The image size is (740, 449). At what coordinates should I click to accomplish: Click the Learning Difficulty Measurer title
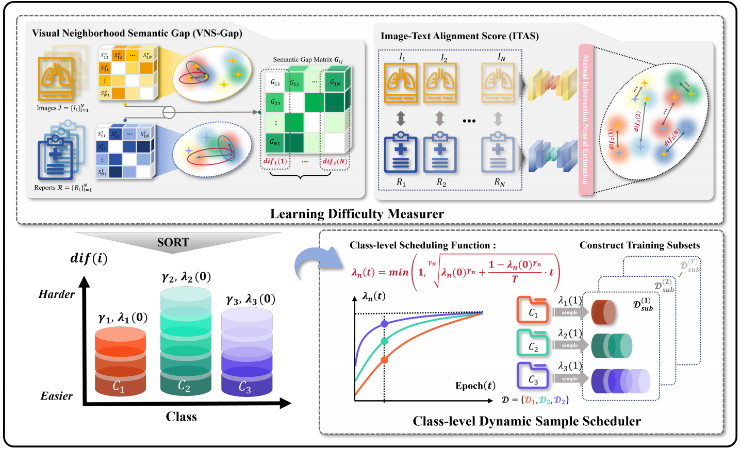pyautogui.click(x=357, y=214)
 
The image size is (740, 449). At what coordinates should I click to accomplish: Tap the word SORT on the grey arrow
pyautogui.click(x=173, y=242)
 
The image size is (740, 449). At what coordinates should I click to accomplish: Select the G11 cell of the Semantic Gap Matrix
pyautogui.click(x=275, y=82)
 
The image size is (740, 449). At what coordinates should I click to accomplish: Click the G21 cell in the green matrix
pyautogui.click(x=275, y=102)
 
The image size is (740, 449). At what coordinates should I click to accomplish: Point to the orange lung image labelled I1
pyautogui.click(x=401, y=82)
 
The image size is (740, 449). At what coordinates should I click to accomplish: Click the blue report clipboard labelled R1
pyautogui.click(x=401, y=153)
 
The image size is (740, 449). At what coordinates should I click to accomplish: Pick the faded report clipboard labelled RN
pyautogui.click(x=498, y=153)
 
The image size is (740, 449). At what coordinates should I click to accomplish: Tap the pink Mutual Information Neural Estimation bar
pyautogui.click(x=586, y=120)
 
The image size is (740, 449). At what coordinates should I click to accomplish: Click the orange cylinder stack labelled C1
pyautogui.click(x=121, y=361)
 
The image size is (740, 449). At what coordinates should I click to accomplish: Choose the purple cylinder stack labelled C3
pyautogui.click(x=246, y=353)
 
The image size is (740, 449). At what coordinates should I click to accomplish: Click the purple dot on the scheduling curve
pyautogui.click(x=384, y=324)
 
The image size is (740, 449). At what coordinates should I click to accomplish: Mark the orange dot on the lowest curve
pyautogui.click(x=384, y=360)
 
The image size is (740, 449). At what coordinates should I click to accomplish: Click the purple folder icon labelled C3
pyautogui.click(x=532, y=376)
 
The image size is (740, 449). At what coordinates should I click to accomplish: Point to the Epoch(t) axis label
pyautogui.click(x=475, y=386)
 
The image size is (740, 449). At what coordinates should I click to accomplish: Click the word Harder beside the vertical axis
pyautogui.click(x=57, y=294)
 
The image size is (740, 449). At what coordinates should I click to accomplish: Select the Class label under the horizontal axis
pyautogui.click(x=181, y=417)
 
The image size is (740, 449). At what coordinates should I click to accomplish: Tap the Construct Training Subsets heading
pyautogui.click(x=639, y=245)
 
